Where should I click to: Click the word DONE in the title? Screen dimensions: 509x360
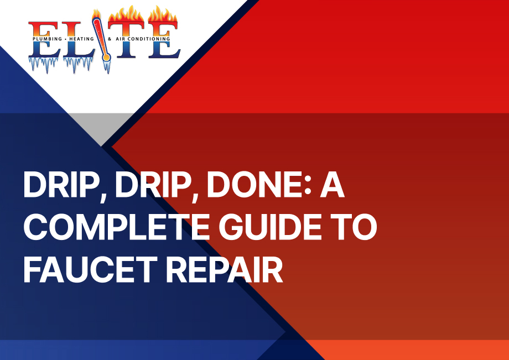pos(255,185)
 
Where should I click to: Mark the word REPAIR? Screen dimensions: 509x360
pos(225,269)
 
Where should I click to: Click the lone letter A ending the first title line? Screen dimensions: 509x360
pos(332,185)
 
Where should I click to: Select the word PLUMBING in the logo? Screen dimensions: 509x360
pos(47,39)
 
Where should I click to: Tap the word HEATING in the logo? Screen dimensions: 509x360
pos(81,39)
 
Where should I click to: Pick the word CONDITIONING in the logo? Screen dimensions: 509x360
pos(149,39)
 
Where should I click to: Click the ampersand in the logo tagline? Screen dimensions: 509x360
pos(110,39)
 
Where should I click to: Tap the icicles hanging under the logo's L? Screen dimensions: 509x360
pos(78,64)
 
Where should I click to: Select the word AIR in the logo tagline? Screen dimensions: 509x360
pos(121,39)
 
